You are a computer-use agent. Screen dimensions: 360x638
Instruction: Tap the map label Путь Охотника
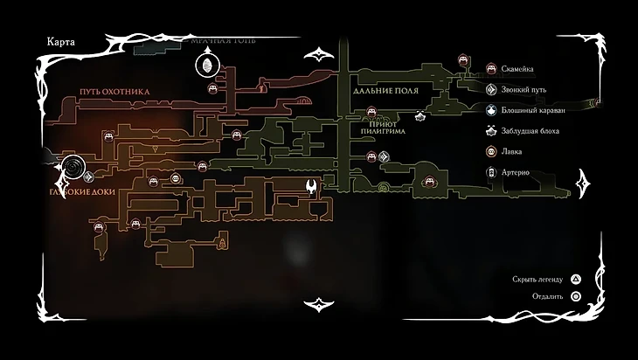click(114, 91)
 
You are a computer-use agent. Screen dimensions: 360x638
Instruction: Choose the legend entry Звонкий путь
click(524, 89)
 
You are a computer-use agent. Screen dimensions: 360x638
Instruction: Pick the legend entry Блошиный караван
click(533, 110)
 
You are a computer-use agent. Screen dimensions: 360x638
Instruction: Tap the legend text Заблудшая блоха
click(530, 131)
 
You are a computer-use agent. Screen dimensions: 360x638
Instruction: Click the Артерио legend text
click(517, 172)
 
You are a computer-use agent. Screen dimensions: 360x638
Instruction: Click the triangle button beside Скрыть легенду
click(576, 280)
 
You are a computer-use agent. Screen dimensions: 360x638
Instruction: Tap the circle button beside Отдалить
click(576, 296)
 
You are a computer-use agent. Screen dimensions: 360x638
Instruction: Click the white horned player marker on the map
click(311, 186)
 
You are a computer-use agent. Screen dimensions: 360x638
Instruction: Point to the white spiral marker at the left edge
click(74, 165)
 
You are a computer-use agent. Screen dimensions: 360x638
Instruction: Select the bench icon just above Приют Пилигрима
click(371, 111)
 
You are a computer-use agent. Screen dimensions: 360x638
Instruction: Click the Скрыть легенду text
click(537, 280)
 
